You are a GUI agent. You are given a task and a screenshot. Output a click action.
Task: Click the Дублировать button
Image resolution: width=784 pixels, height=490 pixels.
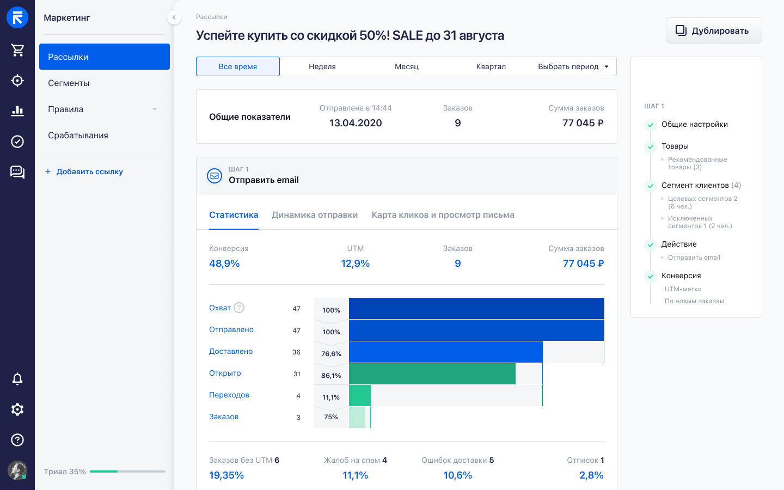click(x=714, y=31)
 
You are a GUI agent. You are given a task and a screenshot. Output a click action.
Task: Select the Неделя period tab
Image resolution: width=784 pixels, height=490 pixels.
click(x=322, y=66)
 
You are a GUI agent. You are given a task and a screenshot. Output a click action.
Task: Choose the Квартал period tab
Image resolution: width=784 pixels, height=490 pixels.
click(x=491, y=66)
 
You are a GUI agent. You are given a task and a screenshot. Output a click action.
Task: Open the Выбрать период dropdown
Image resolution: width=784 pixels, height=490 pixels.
click(x=573, y=66)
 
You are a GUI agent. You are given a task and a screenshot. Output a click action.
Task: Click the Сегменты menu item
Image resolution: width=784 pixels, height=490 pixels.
click(x=69, y=83)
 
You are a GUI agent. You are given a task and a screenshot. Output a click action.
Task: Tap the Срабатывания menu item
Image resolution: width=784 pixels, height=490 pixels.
click(x=78, y=135)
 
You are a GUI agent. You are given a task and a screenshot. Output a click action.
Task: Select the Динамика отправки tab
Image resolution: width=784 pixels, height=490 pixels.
click(x=315, y=215)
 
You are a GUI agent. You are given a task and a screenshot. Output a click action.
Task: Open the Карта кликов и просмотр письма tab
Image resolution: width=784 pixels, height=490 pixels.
click(x=443, y=215)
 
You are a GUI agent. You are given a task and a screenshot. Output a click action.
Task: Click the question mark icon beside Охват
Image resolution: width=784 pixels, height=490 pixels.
click(x=238, y=308)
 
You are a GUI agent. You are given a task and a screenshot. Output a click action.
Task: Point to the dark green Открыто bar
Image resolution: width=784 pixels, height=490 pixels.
click(x=432, y=374)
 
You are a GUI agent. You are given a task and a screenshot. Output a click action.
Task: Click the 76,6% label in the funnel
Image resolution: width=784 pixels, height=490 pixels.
click(x=331, y=353)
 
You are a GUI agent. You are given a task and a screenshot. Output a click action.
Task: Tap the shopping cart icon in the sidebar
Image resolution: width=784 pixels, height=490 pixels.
click(x=17, y=50)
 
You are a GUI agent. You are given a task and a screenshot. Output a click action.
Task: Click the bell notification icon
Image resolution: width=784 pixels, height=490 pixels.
click(x=17, y=379)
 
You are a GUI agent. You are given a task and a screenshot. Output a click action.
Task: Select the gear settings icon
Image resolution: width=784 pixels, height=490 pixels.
click(x=17, y=409)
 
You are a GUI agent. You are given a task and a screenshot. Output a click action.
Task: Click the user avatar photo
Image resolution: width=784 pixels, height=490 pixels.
click(x=17, y=470)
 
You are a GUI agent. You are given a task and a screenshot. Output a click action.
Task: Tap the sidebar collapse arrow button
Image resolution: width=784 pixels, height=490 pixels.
click(x=174, y=17)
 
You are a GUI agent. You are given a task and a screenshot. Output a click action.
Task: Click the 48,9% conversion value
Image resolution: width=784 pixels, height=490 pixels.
click(x=224, y=263)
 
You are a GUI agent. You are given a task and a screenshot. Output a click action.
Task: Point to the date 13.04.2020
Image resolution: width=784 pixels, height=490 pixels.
click(x=356, y=123)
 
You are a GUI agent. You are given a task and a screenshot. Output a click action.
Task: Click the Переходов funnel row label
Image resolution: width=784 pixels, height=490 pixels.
click(x=229, y=395)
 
